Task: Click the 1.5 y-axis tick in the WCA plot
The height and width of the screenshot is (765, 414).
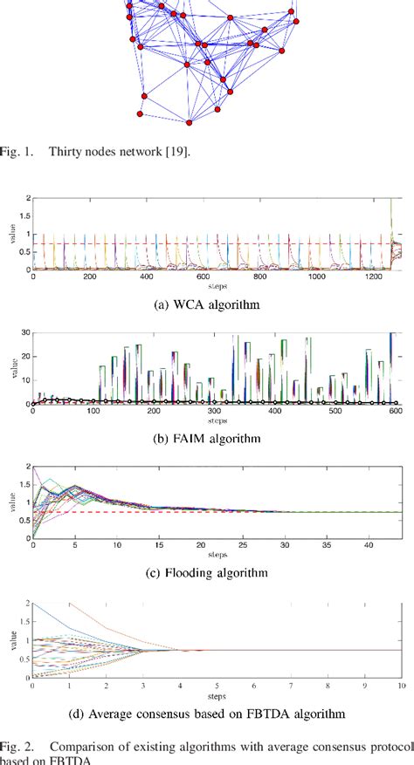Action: tap(25, 216)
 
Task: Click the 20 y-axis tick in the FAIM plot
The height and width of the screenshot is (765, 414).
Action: tap(24, 357)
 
